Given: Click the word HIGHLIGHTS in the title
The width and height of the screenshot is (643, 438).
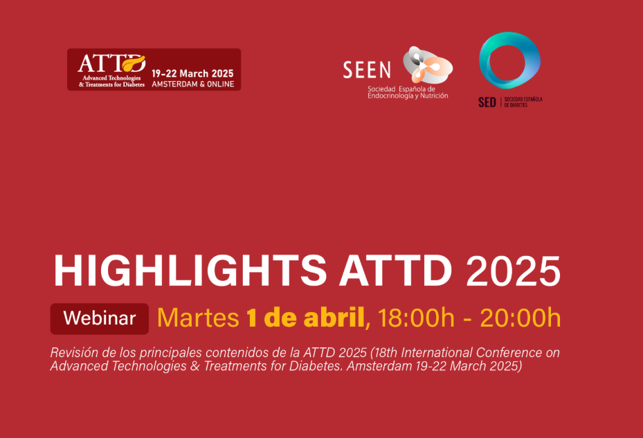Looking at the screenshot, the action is (190, 271).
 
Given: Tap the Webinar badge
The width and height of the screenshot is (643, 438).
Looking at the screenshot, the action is (99, 319).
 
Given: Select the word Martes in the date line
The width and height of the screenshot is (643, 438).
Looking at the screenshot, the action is (198, 318).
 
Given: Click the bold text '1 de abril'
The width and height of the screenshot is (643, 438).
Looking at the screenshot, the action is (305, 318).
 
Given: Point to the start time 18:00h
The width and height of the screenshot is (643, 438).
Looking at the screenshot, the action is (416, 318).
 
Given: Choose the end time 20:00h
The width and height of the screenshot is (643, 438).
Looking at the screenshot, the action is (520, 318).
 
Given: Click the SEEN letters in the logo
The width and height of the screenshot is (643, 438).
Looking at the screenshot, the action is (367, 70).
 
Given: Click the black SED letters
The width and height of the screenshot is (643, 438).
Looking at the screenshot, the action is (487, 102).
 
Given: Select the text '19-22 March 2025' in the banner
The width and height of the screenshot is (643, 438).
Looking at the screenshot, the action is (192, 74).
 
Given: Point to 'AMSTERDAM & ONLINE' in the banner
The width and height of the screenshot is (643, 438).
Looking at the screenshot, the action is (192, 84).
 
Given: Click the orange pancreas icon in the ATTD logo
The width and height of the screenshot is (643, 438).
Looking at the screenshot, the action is (134, 63).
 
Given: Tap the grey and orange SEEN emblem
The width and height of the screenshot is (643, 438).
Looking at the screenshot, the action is (427, 65).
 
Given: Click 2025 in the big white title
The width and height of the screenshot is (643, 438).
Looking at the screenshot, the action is (513, 271).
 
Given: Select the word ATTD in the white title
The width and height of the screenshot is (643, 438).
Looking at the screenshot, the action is (395, 271).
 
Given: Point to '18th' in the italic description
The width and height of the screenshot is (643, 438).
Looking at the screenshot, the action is (386, 352).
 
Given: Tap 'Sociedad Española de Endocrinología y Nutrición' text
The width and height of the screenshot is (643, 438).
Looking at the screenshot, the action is (408, 92).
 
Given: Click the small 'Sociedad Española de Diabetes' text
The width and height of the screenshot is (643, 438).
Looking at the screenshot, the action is (523, 102).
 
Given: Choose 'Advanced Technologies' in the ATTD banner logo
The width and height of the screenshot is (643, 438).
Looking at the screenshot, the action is (111, 78).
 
